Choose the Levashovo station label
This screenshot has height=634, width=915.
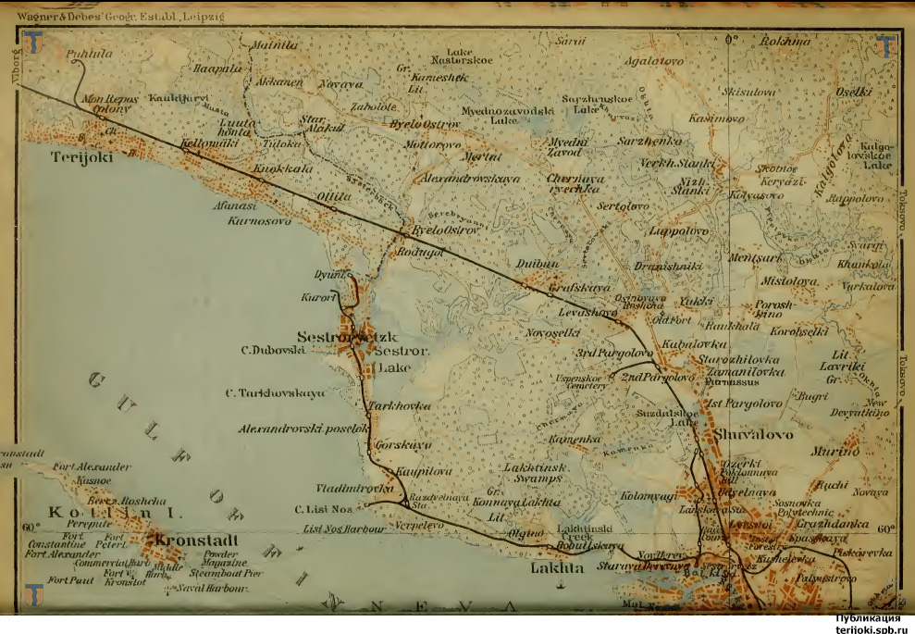pos(587,314)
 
